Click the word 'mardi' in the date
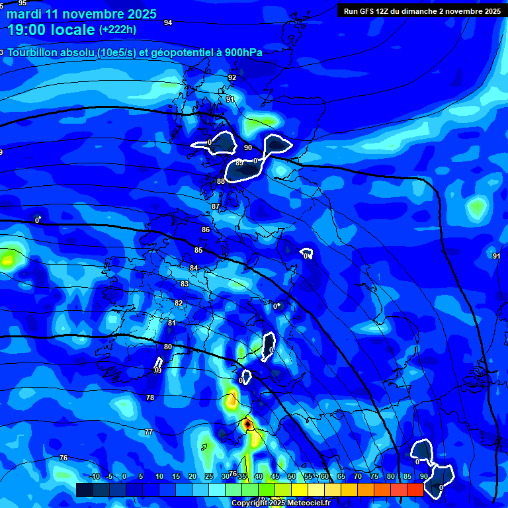(24, 14)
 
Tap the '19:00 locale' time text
(52, 30)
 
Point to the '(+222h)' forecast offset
(118, 29)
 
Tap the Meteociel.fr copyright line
(281, 503)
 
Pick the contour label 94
(168, 22)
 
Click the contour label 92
(232, 77)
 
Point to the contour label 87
(216, 207)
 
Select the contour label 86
(206, 230)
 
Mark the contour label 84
(194, 268)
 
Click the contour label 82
(179, 303)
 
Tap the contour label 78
(150, 398)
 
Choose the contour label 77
(149, 432)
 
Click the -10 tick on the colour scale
(95, 477)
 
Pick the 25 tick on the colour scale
(209, 477)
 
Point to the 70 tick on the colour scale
(357, 477)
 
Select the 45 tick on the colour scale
(275, 477)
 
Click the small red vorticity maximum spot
(247, 423)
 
